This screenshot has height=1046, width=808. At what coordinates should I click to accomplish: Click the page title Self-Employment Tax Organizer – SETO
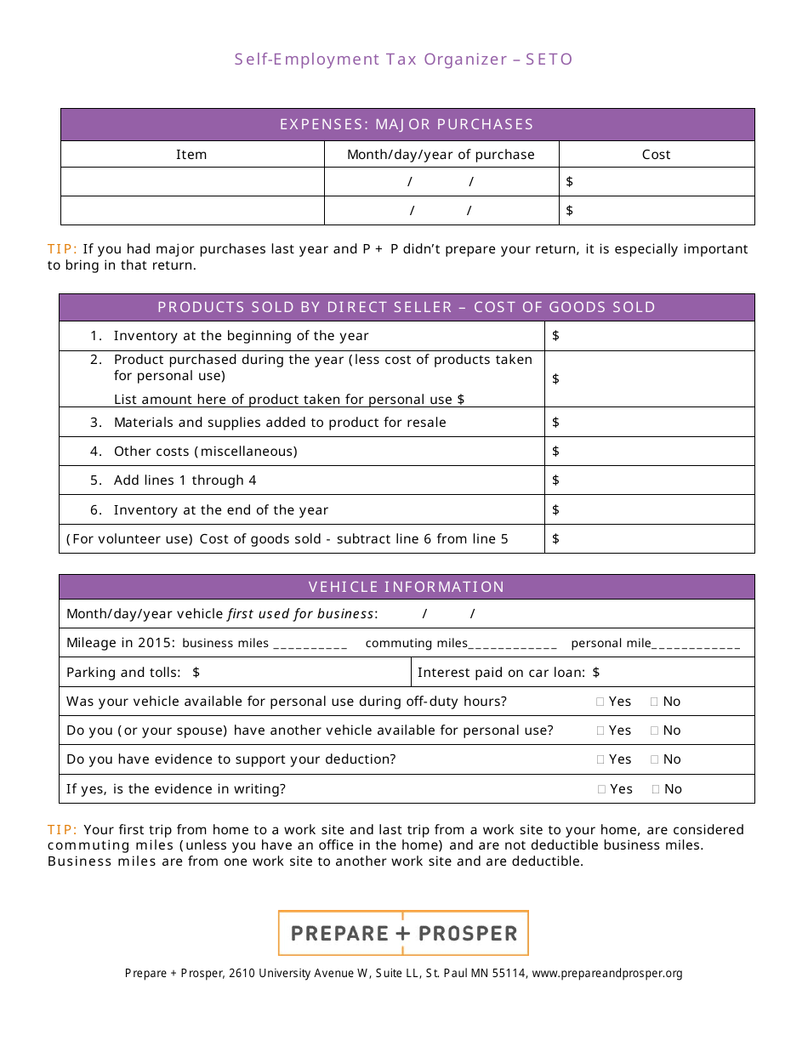click(404, 60)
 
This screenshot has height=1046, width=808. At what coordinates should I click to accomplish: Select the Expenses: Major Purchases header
click(407, 124)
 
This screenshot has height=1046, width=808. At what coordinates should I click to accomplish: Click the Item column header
click(191, 155)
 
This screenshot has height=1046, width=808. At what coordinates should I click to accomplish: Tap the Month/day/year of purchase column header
click(441, 155)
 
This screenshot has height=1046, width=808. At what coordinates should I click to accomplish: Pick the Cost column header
click(656, 155)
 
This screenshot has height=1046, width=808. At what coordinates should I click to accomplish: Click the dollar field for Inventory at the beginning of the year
click(651, 336)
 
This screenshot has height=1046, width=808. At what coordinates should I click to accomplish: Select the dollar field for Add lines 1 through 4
click(651, 480)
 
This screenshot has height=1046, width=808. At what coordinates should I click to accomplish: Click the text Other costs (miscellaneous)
click(205, 452)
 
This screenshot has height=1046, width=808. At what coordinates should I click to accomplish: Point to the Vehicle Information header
click(407, 587)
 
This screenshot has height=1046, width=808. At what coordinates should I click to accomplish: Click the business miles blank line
click(310, 645)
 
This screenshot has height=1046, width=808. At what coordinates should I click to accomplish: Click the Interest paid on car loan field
click(672, 673)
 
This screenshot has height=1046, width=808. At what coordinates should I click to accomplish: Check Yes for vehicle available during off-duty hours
click(601, 702)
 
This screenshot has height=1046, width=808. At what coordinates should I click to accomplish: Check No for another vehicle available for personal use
click(655, 731)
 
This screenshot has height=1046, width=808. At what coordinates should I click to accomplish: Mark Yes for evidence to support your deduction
click(601, 760)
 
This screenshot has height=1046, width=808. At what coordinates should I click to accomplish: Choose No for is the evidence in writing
click(657, 790)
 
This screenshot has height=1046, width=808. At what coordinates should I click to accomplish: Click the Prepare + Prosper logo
click(403, 933)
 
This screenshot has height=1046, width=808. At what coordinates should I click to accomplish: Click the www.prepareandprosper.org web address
click(606, 974)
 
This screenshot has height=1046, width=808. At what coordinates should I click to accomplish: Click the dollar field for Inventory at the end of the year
click(651, 510)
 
